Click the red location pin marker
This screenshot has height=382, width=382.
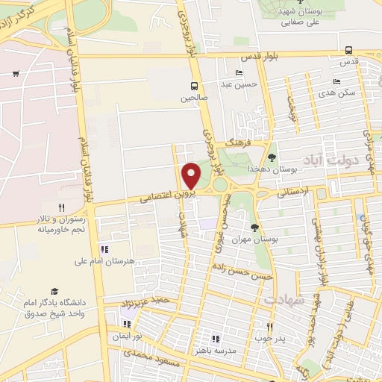(191, 175)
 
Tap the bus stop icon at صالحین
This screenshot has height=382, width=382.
(194, 86)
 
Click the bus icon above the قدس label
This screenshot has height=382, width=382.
(349, 50)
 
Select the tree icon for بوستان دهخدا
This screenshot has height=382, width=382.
(272, 157)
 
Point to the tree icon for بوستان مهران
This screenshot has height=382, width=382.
(255, 227)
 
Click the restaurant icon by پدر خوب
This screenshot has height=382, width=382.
(270, 327)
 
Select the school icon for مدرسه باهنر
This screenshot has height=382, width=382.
(216, 339)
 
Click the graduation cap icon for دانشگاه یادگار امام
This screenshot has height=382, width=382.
(54, 292)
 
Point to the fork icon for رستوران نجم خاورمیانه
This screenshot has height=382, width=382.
(62, 208)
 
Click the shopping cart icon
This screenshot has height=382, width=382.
(16, 73)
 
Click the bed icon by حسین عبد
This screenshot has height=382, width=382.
(239, 72)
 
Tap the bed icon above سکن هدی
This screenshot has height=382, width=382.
(337, 82)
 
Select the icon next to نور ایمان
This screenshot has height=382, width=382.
(126, 324)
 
